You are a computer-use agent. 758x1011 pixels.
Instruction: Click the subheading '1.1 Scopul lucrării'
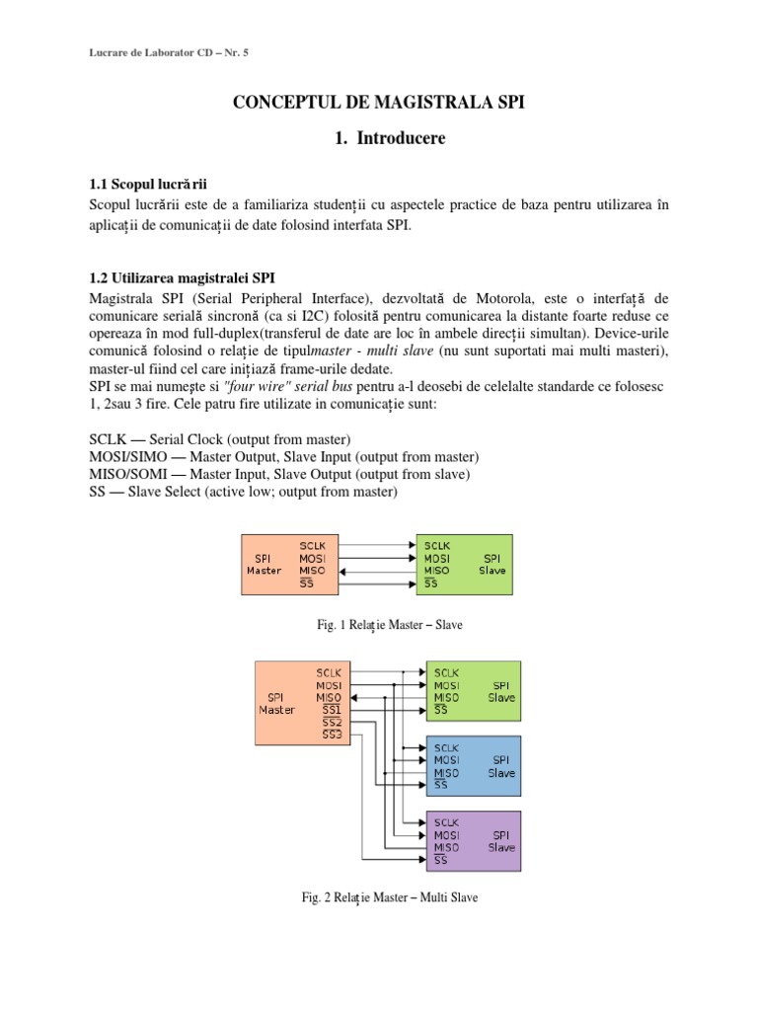pos(147,185)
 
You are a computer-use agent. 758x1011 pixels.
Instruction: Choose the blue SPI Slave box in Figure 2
pos(473,766)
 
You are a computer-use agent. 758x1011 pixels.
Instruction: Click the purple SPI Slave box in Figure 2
pos(473,840)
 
